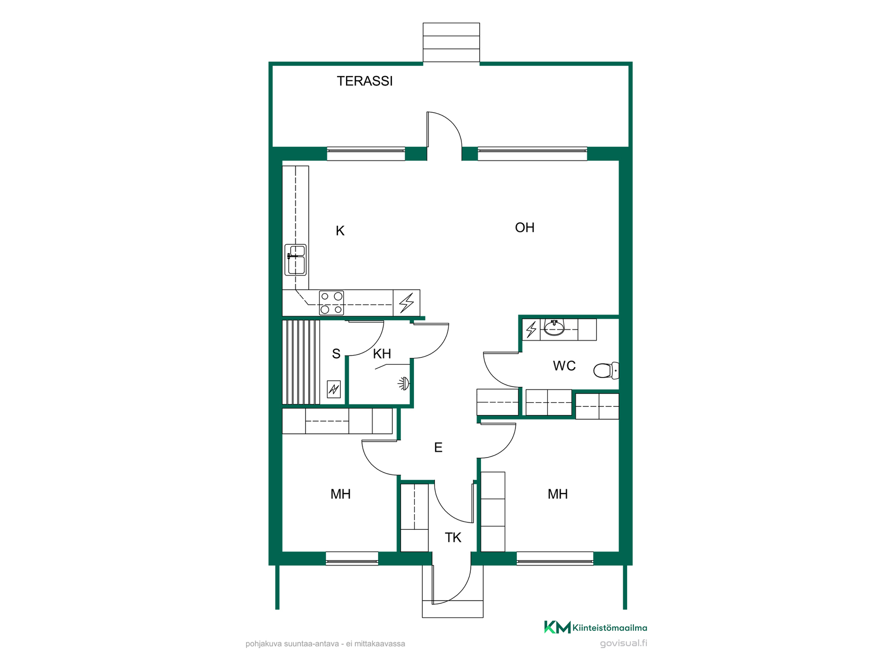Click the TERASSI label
365,81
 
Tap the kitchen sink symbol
296,260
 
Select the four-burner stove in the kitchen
332,303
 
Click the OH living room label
525,227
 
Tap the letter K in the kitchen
340,231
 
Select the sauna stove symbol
334,389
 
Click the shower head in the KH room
404,383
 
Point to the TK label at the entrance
453,537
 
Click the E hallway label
438,447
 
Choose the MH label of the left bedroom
340,494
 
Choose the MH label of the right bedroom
557,494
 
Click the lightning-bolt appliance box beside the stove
406,303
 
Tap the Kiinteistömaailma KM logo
596,627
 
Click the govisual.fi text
623,644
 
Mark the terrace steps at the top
451,42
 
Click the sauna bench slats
301,362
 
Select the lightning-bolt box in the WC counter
531,329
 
